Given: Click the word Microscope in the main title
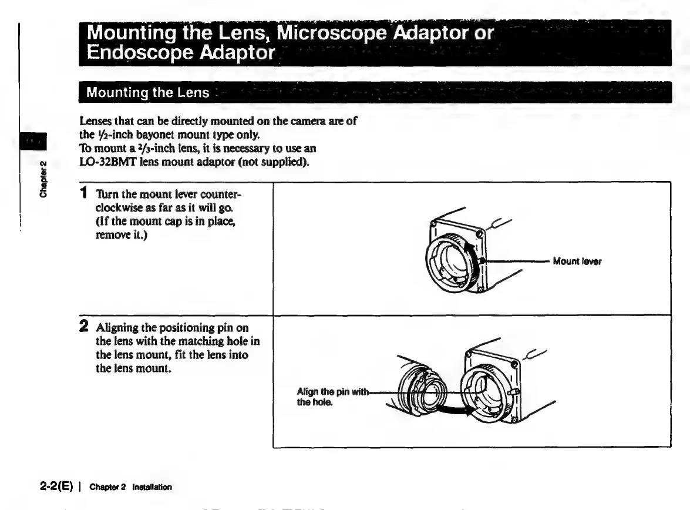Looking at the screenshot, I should pos(331,33).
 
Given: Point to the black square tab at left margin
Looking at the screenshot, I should pos(36,142).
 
